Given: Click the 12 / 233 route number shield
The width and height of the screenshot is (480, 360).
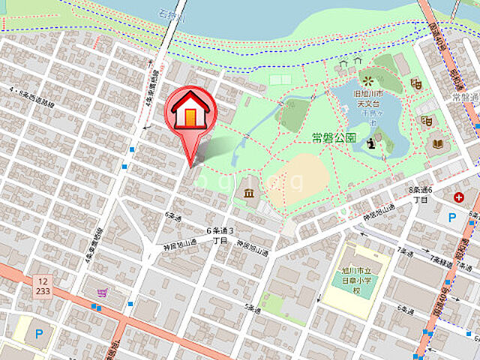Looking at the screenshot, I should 42,286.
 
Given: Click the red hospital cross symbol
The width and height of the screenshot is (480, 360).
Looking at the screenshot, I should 458,198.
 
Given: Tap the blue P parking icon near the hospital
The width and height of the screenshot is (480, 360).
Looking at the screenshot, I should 451,217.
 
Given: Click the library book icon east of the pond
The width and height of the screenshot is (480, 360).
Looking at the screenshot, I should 439,143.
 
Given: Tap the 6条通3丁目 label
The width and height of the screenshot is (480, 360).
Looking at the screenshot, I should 220,235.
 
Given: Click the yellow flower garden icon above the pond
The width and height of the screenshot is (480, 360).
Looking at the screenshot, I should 367,79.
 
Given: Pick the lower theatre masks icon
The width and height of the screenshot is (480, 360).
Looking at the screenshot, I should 427,121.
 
